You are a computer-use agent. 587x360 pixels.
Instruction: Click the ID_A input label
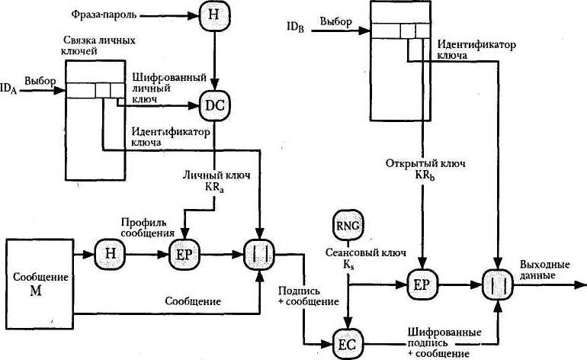tap(10, 90)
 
